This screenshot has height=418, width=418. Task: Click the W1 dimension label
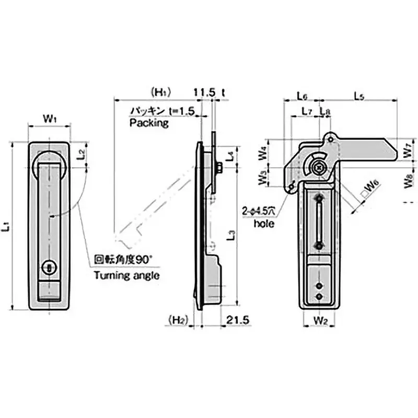pos(50,119)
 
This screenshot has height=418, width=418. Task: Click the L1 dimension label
pos(6,227)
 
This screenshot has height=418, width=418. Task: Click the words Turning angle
pos(126,275)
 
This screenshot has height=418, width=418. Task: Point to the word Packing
pos(149,123)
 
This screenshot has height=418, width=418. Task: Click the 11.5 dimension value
pos(204,92)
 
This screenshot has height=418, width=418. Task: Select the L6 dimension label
pos(301,96)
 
